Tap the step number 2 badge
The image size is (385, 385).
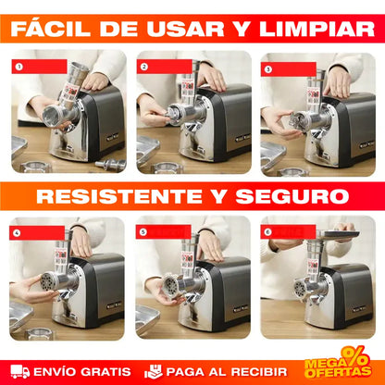[x=143, y=68]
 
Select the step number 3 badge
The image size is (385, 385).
[x=268, y=68]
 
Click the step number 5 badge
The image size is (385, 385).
[x=143, y=231]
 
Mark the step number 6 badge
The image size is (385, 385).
[x=268, y=231]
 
